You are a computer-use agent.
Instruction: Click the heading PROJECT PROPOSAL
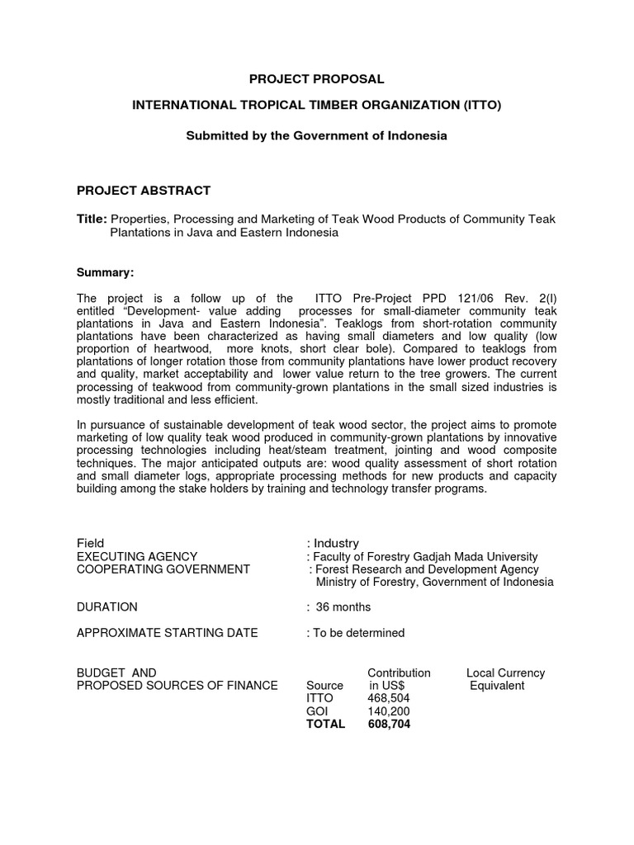point(318,79)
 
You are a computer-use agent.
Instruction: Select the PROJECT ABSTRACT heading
point(143,191)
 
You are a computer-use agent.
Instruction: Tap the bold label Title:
point(92,219)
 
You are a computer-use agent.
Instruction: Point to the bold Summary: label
point(104,271)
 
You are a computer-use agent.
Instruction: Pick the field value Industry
point(336,543)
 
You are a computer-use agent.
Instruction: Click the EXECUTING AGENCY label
point(136,556)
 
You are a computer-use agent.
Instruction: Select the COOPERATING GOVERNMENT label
point(163,569)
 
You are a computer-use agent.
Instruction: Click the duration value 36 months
point(343,607)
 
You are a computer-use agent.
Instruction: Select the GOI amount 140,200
point(388,711)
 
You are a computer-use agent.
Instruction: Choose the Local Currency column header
point(505,673)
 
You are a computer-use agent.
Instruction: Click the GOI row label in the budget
point(317,711)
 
